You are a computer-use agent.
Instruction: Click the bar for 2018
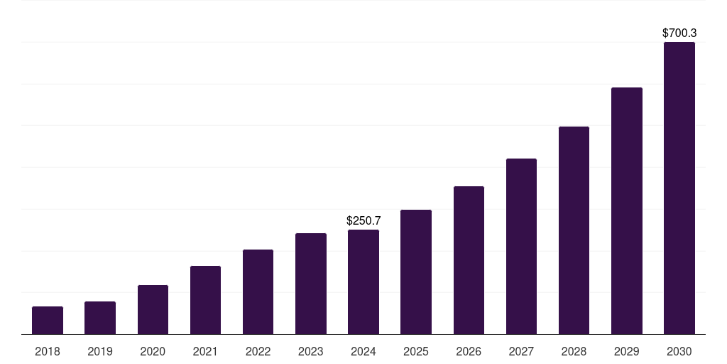click(x=48, y=321)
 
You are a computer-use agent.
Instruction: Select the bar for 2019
click(x=100, y=318)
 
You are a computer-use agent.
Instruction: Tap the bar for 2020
click(x=153, y=310)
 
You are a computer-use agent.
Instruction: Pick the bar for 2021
click(x=205, y=300)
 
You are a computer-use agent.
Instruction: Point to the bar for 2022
click(x=258, y=292)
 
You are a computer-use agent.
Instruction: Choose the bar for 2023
click(x=311, y=284)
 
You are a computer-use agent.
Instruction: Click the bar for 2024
click(x=363, y=282)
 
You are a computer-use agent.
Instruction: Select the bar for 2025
click(x=416, y=272)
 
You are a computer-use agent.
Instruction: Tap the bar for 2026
click(x=469, y=260)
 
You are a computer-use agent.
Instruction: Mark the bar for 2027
click(x=521, y=247)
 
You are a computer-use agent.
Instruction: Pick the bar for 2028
click(x=574, y=230)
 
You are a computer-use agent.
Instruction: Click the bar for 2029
click(x=626, y=211)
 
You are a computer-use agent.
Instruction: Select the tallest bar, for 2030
click(x=679, y=188)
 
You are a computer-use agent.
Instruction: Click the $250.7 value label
click(x=363, y=221)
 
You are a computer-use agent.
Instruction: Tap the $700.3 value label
click(x=679, y=33)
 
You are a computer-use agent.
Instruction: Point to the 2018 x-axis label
click(x=48, y=351)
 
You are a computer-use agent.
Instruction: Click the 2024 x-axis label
click(x=363, y=351)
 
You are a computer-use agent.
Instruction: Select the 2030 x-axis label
click(x=679, y=351)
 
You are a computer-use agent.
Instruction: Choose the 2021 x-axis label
click(x=205, y=351)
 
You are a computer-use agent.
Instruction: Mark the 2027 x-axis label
click(x=521, y=351)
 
